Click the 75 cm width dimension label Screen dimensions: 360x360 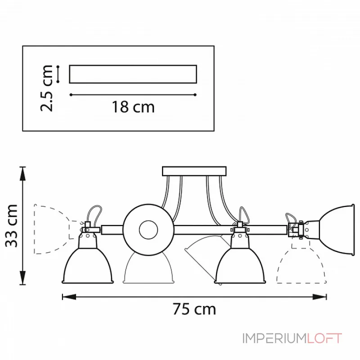pyautogui.click(x=194, y=309)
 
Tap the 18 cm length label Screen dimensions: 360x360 pyautogui.click(x=133, y=107)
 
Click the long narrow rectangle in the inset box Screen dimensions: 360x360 pyautogui.click(x=133, y=74)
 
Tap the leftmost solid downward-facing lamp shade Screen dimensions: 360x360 pyautogui.click(x=87, y=265)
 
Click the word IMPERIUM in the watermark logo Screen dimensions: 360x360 pyautogui.click(x=274, y=338)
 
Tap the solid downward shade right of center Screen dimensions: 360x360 pyautogui.click(x=239, y=265)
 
